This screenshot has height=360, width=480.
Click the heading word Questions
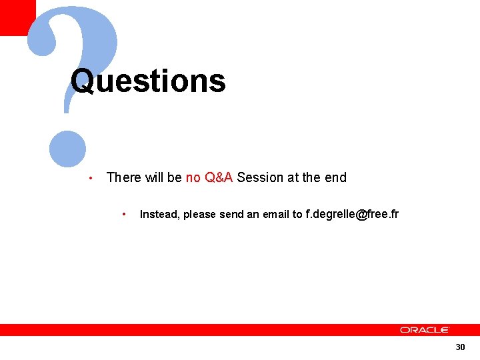(x=148, y=81)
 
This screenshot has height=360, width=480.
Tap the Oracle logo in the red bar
(x=425, y=329)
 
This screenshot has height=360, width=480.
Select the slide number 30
(x=460, y=347)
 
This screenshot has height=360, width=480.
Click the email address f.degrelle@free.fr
(x=352, y=214)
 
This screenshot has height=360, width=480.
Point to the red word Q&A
(x=219, y=177)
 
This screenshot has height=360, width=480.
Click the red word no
(x=193, y=177)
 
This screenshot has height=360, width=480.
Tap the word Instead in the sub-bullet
(x=159, y=215)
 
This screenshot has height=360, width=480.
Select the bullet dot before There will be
(x=90, y=178)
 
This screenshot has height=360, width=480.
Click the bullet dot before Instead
(x=124, y=215)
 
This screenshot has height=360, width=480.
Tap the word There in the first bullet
(x=124, y=177)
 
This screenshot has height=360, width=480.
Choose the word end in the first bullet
(x=335, y=177)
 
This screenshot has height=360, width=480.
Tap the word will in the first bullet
(x=154, y=177)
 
